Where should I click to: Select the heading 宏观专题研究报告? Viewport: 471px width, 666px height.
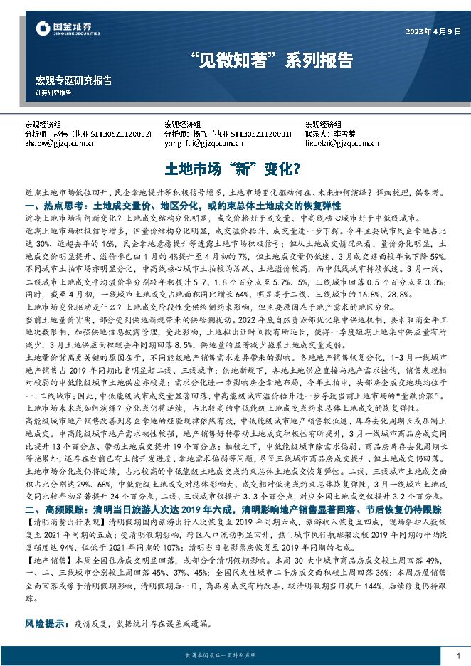pyautogui.click(x=73, y=80)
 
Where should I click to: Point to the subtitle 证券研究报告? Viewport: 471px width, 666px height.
pyautogui.click(x=53, y=93)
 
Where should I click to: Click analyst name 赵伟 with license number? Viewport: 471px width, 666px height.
pyautogui.click(x=88, y=133)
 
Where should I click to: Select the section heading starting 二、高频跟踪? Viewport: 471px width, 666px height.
pyautogui.click(x=233, y=510)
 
